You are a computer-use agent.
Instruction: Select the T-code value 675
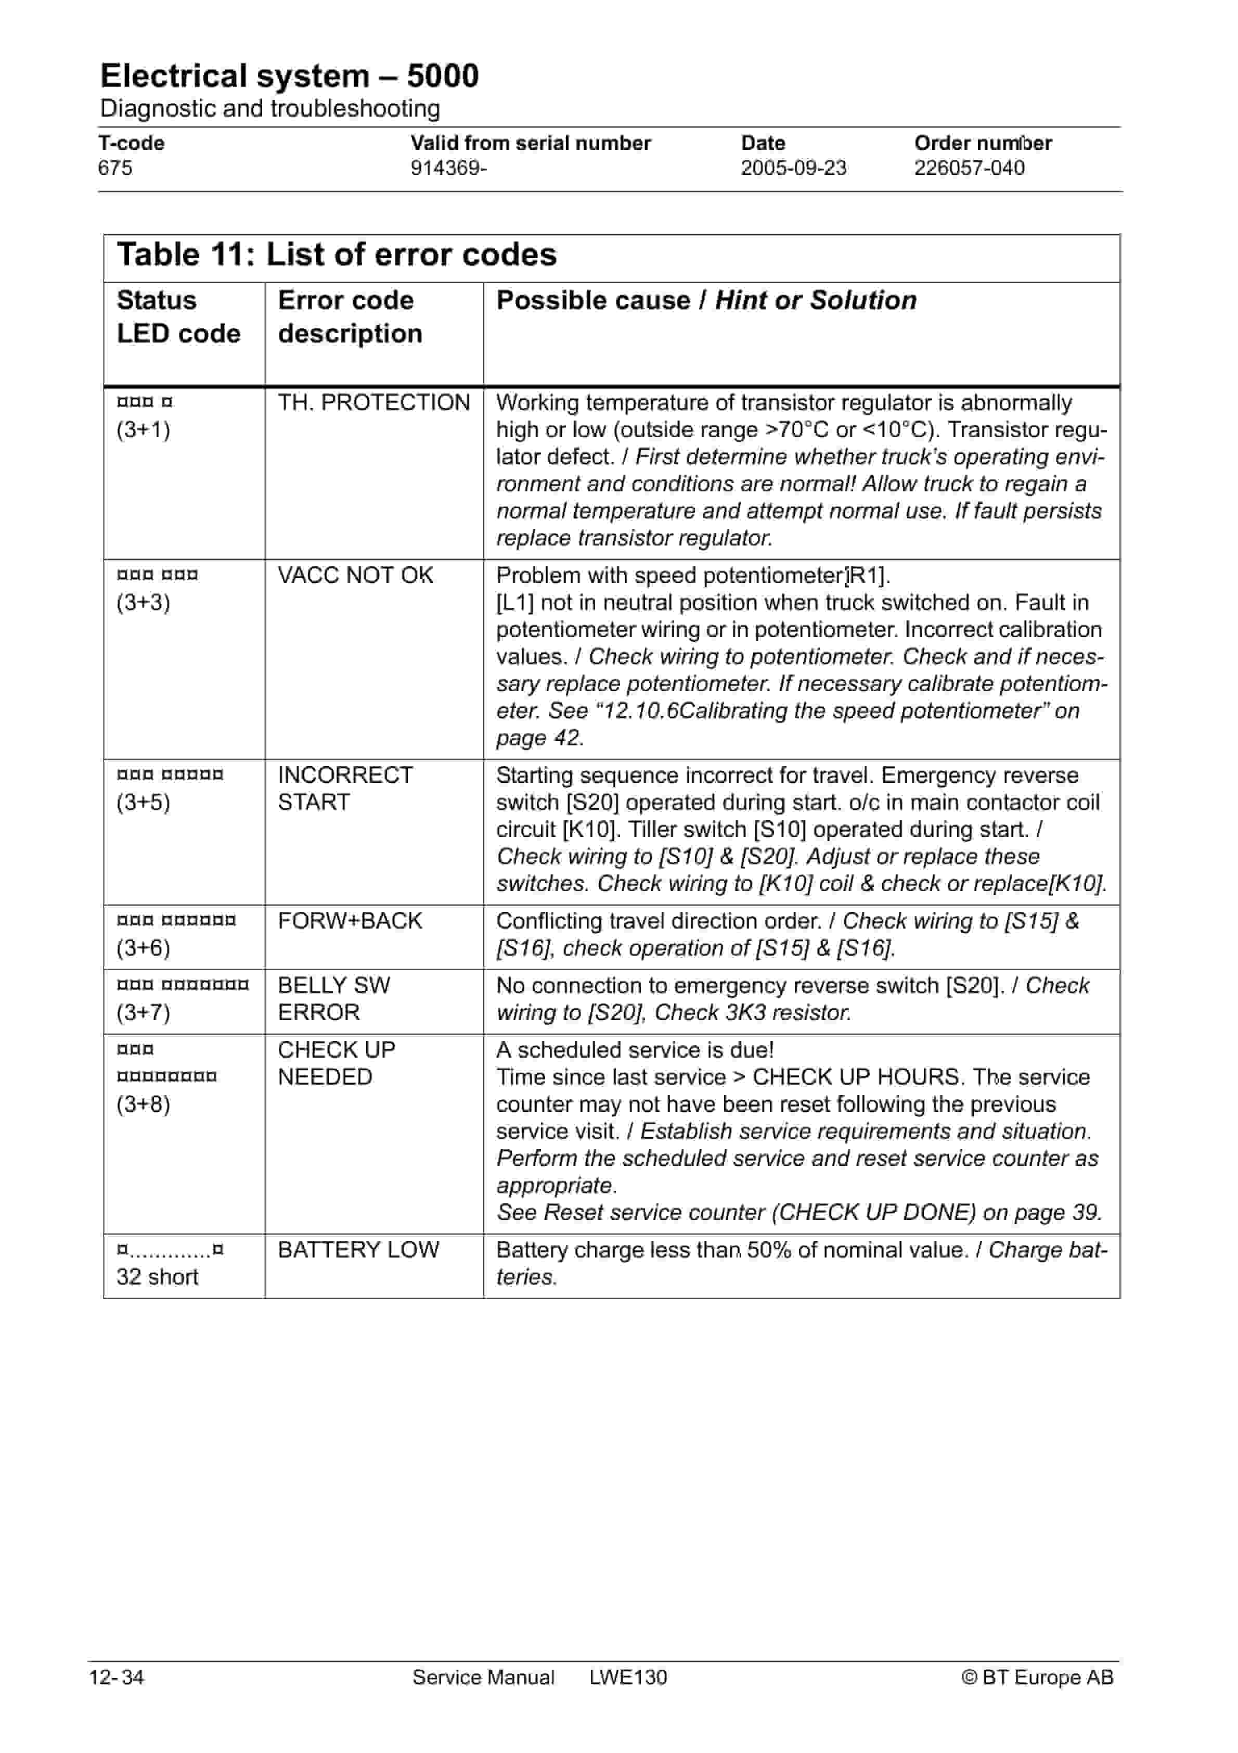[115, 168]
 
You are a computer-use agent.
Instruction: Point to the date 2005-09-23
[793, 168]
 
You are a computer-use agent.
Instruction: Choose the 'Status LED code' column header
[178, 317]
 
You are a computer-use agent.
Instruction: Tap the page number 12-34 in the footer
[116, 1678]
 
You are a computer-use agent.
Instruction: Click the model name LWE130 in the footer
[627, 1678]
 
